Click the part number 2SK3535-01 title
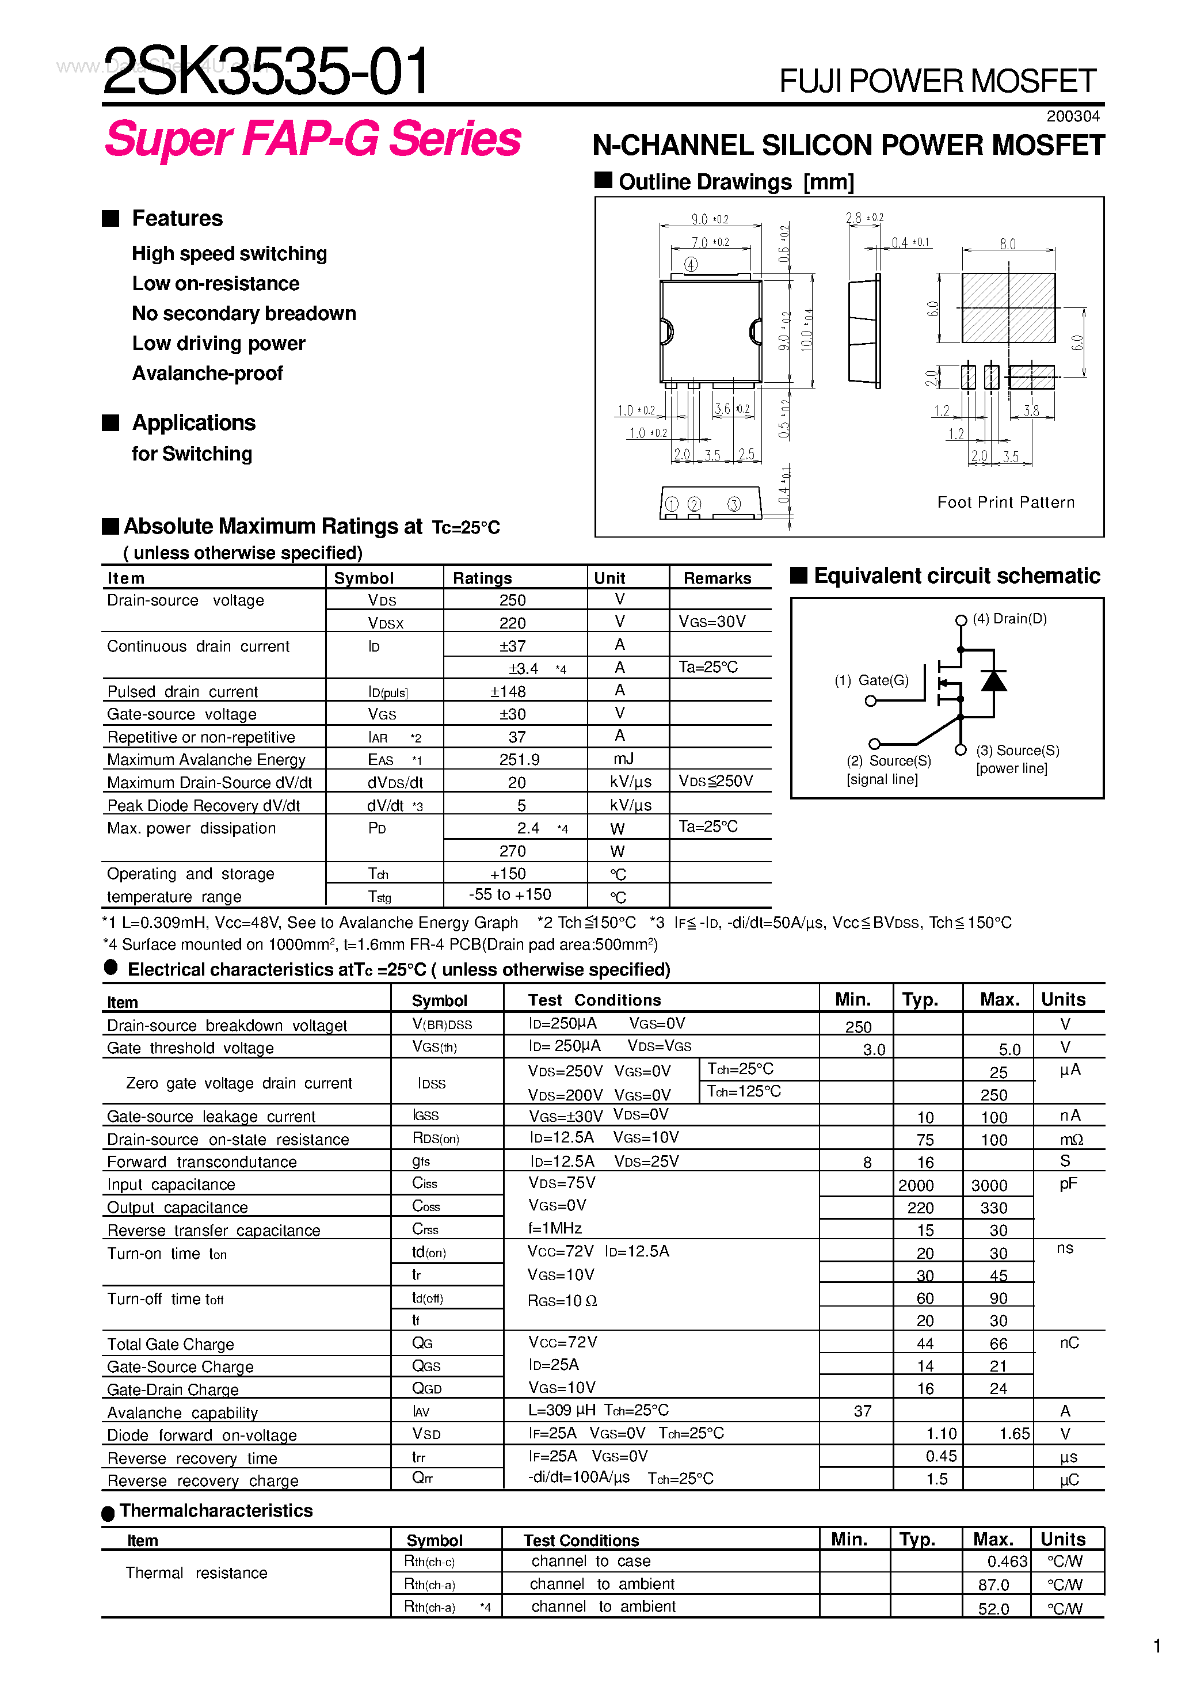tap(265, 72)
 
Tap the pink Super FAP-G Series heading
tap(313, 139)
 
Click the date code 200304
tap(1072, 116)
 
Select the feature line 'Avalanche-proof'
tap(207, 373)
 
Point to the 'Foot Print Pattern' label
tap(1006, 502)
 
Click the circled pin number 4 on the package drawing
tap(691, 264)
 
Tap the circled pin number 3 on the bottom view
tap(734, 504)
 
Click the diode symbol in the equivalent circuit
tap(993, 681)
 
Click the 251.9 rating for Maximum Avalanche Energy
tap(519, 759)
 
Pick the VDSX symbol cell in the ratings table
tap(386, 623)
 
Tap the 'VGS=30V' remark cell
tap(712, 622)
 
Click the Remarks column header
tap(717, 578)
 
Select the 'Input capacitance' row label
tap(171, 1185)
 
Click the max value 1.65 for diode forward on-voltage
tap(1014, 1433)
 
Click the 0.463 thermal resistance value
tap(1007, 1562)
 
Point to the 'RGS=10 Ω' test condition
tap(562, 1300)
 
